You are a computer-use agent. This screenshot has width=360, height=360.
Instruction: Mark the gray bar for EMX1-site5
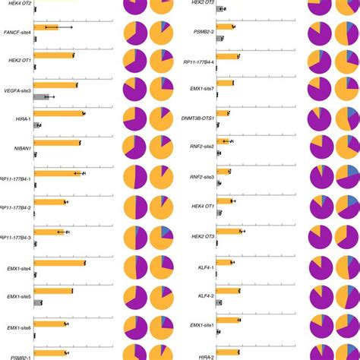[x=39, y=302]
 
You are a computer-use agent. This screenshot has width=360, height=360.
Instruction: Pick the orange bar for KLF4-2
[x=225, y=291]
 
